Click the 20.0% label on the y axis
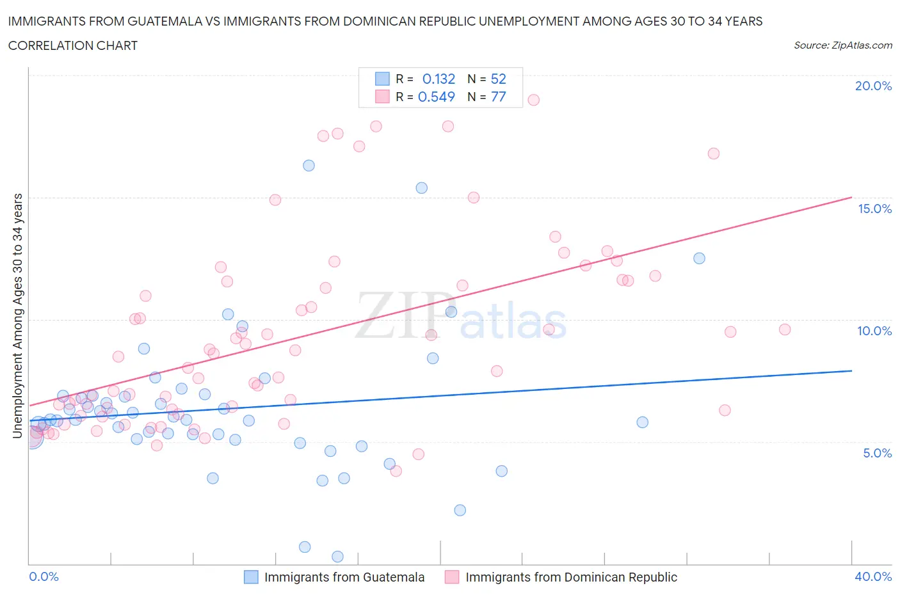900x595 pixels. click(x=873, y=86)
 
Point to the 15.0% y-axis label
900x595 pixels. click(x=874, y=209)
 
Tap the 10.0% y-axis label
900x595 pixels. click(x=874, y=331)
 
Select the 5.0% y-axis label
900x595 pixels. click(x=877, y=453)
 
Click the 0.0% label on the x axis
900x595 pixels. click(x=44, y=576)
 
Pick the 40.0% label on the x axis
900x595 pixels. click(x=873, y=576)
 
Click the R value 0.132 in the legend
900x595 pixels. click(x=438, y=79)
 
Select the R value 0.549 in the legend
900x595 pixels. click(x=436, y=97)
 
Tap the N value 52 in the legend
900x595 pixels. click(x=498, y=79)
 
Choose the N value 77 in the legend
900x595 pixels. click(x=498, y=97)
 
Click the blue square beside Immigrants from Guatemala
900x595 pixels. click(x=252, y=577)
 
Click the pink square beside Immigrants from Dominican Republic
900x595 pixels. click(x=452, y=577)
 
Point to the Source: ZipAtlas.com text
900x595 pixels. click(x=842, y=45)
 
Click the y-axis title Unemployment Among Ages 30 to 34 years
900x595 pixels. click(x=17, y=316)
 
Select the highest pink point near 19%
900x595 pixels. click(x=533, y=100)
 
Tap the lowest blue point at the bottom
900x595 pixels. click(x=337, y=557)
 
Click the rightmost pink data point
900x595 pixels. click(x=785, y=329)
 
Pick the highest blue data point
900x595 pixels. click(x=309, y=166)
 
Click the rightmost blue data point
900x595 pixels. click(x=699, y=258)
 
